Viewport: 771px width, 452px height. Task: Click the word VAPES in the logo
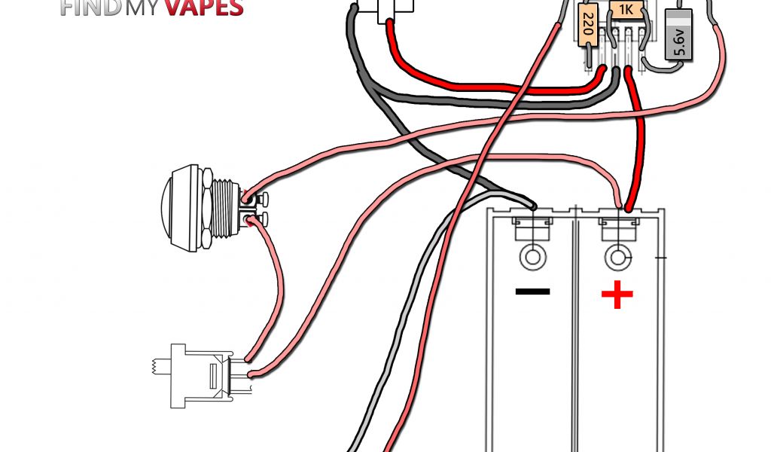click(x=204, y=8)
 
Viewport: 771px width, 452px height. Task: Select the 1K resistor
click(x=625, y=11)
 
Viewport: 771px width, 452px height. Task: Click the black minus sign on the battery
click(x=532, y=292)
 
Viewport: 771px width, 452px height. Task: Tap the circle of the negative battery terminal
click(x=532, y=258)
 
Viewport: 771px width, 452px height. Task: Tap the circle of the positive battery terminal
click(x=618, y=258)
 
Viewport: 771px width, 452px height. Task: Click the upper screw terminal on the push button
click(x=261, y=200)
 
